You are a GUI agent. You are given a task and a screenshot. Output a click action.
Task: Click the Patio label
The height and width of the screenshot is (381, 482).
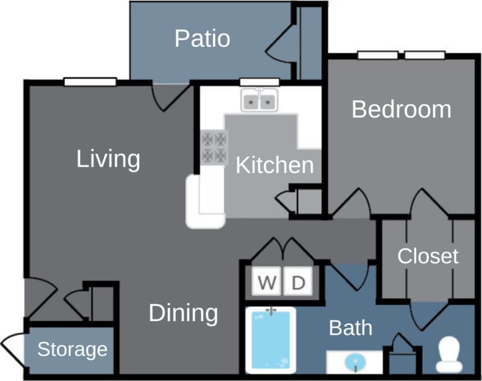(202, 39)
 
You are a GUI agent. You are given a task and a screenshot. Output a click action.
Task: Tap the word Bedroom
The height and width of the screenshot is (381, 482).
(401, 109)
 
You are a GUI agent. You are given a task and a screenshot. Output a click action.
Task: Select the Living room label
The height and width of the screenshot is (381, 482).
(108, 159)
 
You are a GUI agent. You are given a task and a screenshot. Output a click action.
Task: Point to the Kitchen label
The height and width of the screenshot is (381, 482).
(274, 166)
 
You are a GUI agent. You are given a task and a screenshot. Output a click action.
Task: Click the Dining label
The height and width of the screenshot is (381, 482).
(183, 313)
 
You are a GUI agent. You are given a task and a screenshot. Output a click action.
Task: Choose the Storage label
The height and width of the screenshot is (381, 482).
(72, 349)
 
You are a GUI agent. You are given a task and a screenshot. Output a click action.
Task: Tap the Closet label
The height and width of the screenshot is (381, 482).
(427, 256)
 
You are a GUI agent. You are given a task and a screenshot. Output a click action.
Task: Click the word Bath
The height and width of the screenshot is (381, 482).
(350, 328)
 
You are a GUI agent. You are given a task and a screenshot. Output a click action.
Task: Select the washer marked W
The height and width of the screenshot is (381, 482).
(267, 283)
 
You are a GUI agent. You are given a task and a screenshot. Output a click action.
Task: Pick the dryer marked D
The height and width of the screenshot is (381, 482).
(298, 283)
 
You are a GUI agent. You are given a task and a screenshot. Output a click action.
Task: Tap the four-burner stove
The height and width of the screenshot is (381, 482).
(213, 147)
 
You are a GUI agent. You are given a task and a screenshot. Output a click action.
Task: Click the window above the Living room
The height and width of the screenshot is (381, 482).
(90, 82)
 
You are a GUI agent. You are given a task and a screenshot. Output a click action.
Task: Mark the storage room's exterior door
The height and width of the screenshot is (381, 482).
(12, 348)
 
